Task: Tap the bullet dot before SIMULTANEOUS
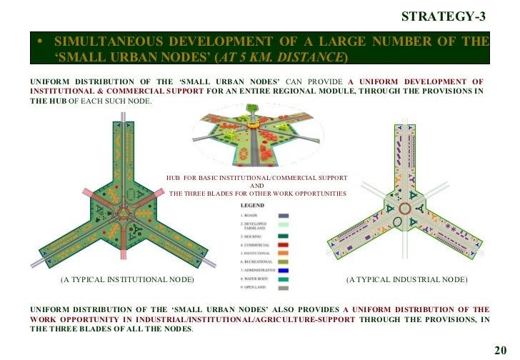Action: [40, 41]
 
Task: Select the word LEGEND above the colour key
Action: [251, 204]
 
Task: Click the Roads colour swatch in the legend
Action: [283, 215]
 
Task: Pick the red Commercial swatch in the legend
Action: [283, 245]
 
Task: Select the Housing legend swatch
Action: [283, 235]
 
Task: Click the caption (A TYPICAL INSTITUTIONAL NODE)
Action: [128, 279]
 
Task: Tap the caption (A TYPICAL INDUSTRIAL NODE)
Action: [407, 279]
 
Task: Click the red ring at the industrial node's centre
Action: [403, 209]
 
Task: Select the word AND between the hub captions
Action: [256, 186]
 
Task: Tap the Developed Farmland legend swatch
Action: [283, 225]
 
